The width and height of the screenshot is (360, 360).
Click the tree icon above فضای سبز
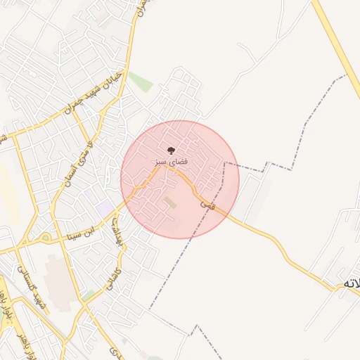click(170, 150)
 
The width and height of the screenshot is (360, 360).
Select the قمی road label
click(207, 204)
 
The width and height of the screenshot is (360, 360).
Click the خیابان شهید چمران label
click(93, 94)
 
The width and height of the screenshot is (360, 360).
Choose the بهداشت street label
click(115, 225)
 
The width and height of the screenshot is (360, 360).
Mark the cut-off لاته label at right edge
click(351, 283)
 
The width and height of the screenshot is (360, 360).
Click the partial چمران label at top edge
click(142, 7)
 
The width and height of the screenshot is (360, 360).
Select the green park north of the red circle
click(141, 82)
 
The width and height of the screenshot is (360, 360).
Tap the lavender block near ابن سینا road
click(105, 208)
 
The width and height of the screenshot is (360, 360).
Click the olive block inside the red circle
click(171, 202)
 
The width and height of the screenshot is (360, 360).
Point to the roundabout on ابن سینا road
click(46, 238)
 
